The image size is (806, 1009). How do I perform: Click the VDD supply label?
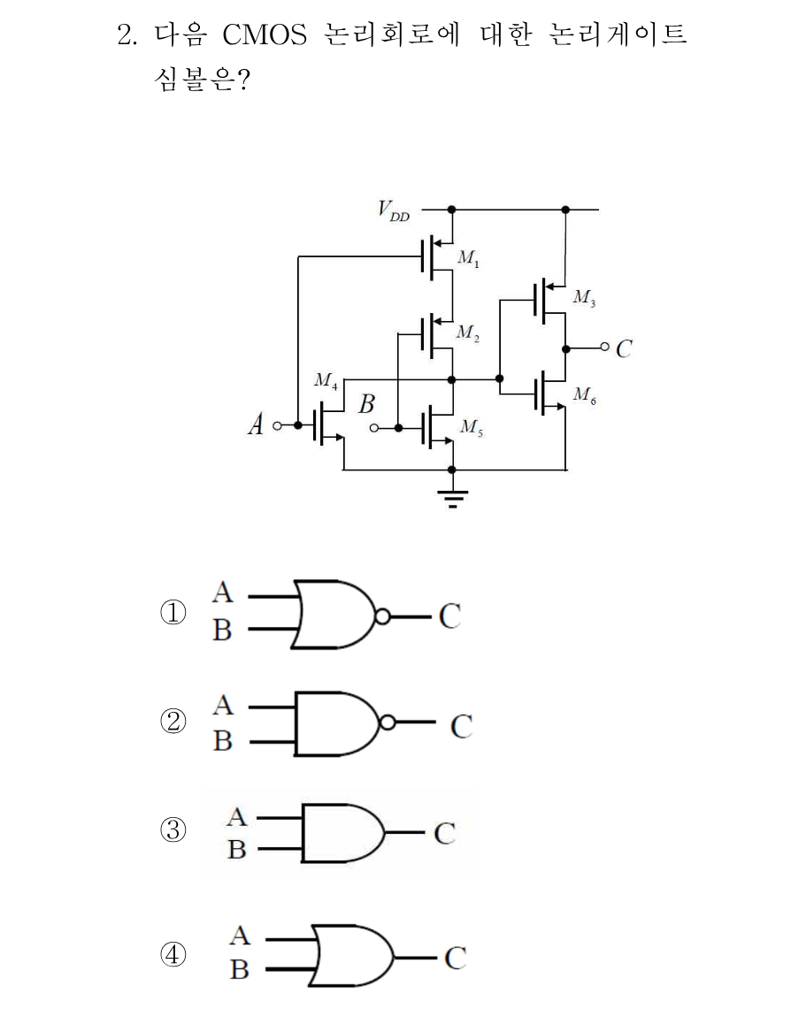coord(394,210)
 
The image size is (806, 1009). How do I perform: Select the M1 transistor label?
coord(468,259)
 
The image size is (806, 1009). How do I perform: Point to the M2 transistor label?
coord(467,333)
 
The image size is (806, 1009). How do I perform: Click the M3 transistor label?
coord(585,297)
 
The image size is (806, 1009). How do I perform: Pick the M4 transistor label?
coord(326,381)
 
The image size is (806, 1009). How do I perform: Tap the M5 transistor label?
coord(472,427)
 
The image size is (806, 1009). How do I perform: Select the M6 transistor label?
coord(585,394)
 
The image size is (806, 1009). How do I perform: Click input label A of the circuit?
coord(257,424)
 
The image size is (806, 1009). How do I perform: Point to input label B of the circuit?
coord(367,404)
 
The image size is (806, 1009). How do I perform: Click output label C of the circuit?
coord(624,348)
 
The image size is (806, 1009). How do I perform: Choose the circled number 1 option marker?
coord(173,613)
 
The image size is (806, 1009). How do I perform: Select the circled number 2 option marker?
coord(173,722)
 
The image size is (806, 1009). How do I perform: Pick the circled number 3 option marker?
coord(173,830)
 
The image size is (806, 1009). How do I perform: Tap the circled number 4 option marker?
coord(173,954)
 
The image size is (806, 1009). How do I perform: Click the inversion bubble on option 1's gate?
coord(382,616)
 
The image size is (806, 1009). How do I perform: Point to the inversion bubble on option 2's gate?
coord(388,722)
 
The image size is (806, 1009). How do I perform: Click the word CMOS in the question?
coord(265,34)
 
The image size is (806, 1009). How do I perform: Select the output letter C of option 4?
coord(455,959)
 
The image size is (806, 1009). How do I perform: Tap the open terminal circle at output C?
coord(604,348)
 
